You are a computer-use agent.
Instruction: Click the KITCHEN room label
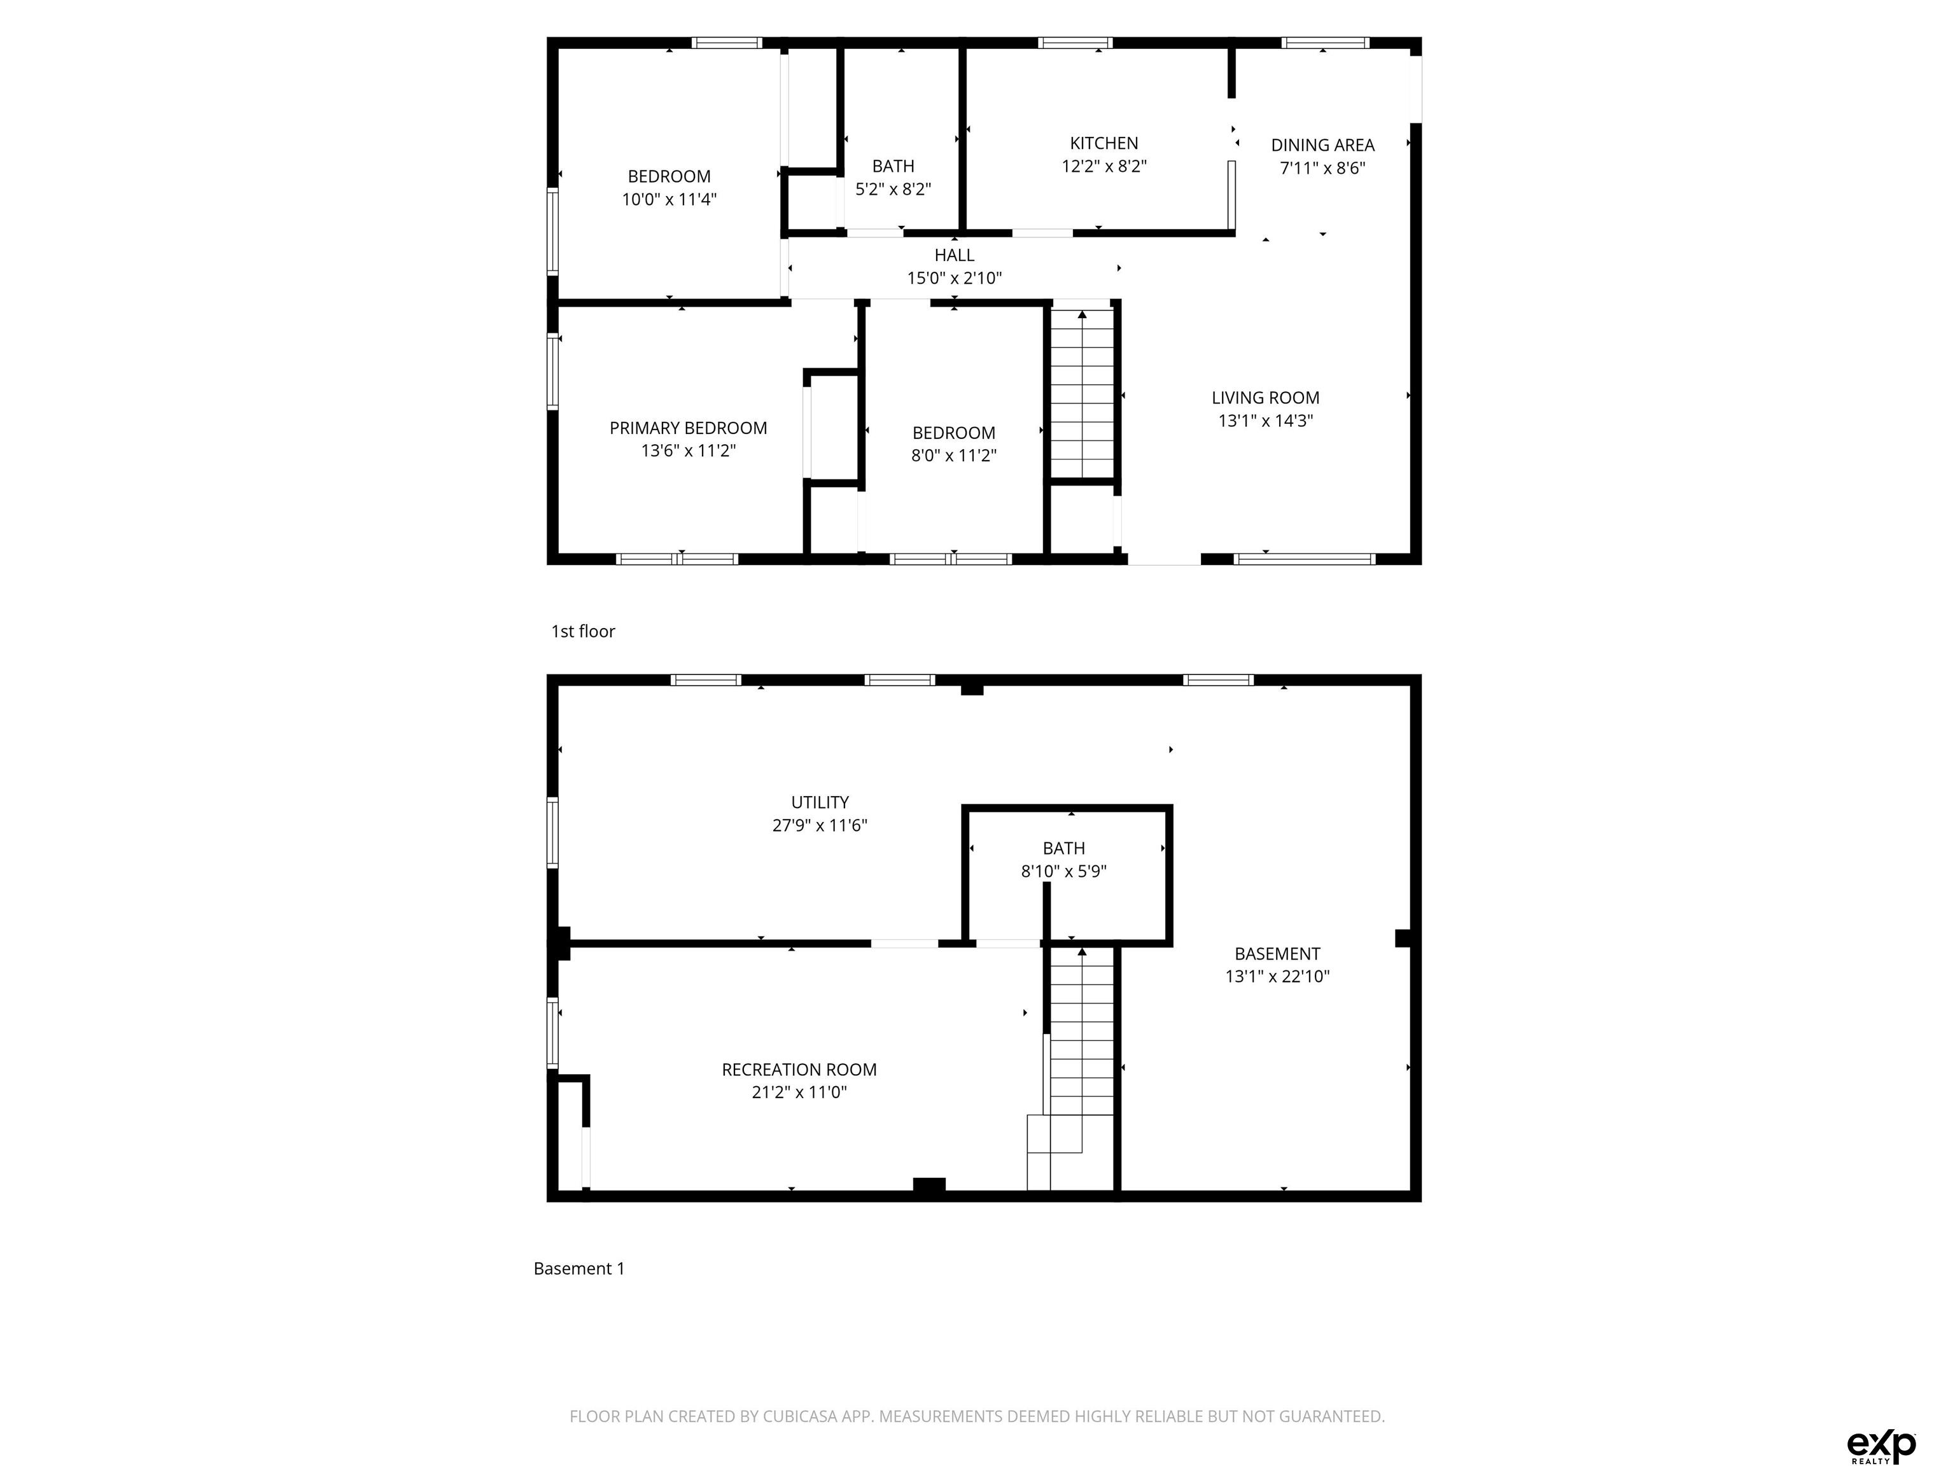point(1104,143)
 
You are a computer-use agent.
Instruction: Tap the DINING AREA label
point(1322,145)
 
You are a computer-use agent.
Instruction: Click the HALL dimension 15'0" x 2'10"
point(955,278)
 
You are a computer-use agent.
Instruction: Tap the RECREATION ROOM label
point(799,1069)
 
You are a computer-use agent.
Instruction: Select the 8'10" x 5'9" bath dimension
point(1064,871)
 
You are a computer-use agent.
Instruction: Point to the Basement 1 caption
point(579,1269)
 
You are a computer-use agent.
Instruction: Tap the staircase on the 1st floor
point(1082,393)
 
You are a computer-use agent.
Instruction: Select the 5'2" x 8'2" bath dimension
point(893,189)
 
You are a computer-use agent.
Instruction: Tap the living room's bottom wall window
point(1305,559)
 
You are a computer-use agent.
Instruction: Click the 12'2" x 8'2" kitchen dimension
point(1104,166)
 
